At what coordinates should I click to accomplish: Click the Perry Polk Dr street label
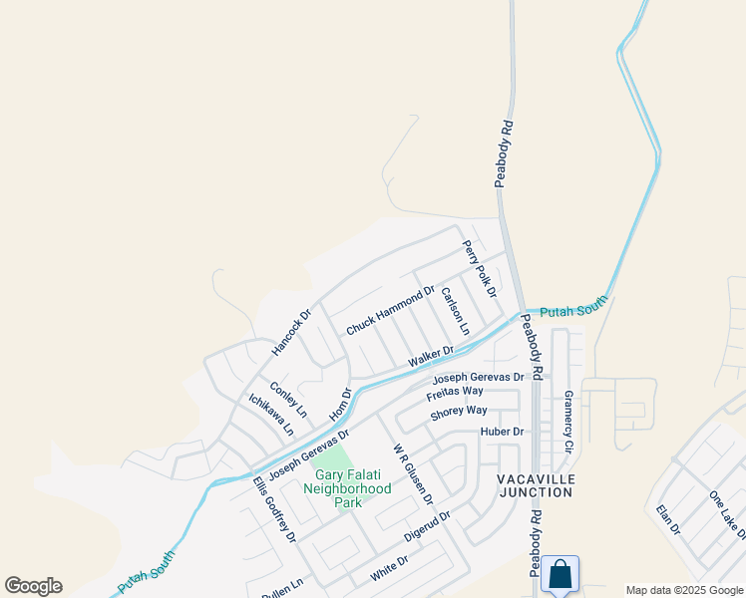pyautogui.click(x=479, y=269)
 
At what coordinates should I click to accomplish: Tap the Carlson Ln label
pyautogui.click(x=455, y=311)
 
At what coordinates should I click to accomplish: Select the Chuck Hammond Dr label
pyautogui.click(x=391, y=311)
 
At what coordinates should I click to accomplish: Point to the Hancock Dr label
pyautogui.click(x=291, y=332)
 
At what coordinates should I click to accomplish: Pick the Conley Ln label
pyautogui.click(x=288, y=400)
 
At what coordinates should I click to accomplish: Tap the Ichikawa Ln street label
pyautogui.click(x=271, y=415)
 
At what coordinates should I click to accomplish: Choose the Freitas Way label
pyautogui.click(x=455, y=391)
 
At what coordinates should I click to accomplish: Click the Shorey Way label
pyautogui.click(x=459, y=411)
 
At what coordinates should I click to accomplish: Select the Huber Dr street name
pyautogui.click(x=502, y=432)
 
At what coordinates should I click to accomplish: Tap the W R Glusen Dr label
pyautogui.click(x=413, y=474)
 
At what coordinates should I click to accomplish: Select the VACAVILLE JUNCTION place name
pyautogui.click(x=536, y=485)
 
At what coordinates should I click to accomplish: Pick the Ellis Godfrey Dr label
pyautogui.click(x=274, y=509)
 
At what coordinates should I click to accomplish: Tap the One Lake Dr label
pyautogui.click(x=726, y=514)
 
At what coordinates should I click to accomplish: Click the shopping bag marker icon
pyautogui.click(x=560, y=574)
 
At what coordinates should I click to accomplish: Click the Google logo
pyautogui.click(x=34, y=586)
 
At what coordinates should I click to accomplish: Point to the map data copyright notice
pyautogui.click(x=683, y=590)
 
